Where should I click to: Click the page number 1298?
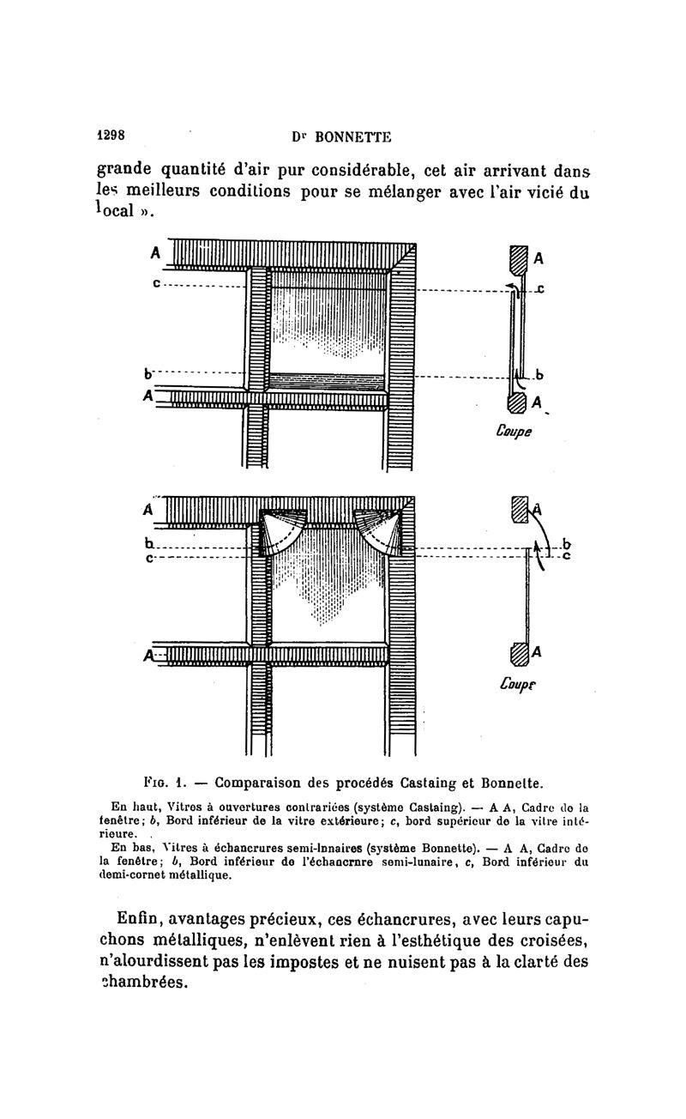click(111, 135)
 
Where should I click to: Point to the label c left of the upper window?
click(156, 282)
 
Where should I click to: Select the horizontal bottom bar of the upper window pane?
click(327, 379)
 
